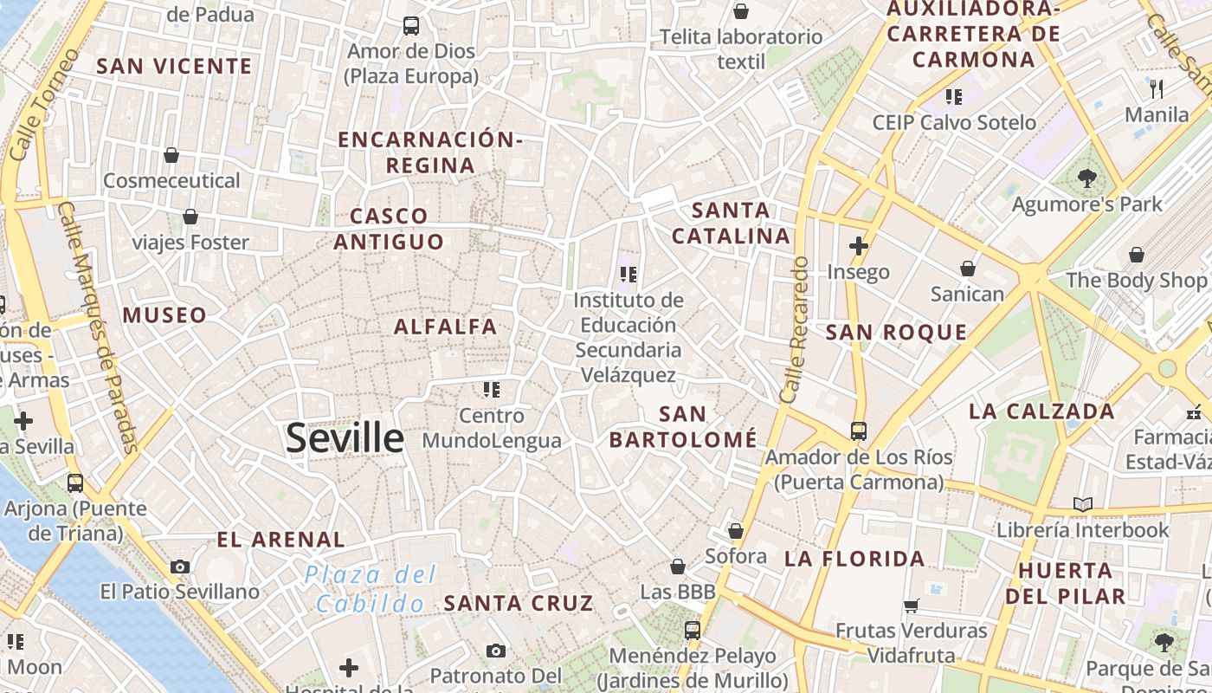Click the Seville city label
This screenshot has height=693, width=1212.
point(345,438)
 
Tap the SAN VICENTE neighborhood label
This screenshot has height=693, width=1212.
point(174,66)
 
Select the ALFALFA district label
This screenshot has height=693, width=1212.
point(446,327)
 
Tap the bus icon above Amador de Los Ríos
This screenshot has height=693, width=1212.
point(859,431)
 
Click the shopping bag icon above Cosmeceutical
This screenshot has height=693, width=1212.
point(171,155)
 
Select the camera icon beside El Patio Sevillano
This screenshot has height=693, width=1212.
point(180,567)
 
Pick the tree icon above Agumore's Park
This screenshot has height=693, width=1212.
point(1087,178)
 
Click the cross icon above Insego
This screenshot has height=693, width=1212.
point(859,246)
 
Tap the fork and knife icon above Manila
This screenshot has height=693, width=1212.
point(1157,87)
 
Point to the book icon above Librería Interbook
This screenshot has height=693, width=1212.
point(1082,503)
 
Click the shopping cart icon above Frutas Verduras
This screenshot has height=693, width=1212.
point(912,605)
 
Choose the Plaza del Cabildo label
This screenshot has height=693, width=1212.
point(371,589)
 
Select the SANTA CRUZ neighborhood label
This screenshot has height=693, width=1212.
point(519,603)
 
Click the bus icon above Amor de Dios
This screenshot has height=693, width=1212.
point(411,26)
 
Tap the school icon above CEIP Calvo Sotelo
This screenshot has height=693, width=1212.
point(954,96)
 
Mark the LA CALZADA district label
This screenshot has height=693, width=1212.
point(1041,411)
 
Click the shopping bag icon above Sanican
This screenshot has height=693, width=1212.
point(968,269)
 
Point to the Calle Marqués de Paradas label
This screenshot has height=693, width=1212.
point(95,329)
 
